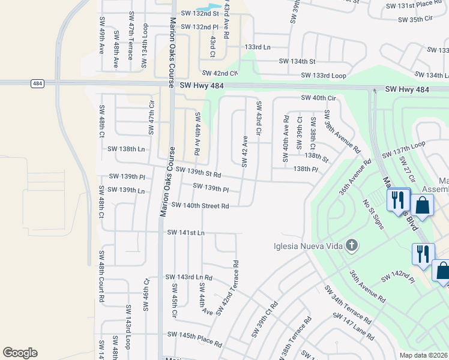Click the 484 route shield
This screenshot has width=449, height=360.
[37, 84]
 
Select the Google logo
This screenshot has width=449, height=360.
[20, 353]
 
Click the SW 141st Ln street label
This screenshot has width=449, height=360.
[185, 232]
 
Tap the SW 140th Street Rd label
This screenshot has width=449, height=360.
[200, 206]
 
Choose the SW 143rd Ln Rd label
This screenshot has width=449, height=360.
[188, 277]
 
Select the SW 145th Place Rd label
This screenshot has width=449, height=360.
[194, 337]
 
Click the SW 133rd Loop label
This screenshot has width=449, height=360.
[322, 76]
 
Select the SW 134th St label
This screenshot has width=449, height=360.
[297, 61]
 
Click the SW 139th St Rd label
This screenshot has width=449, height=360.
[199, 173]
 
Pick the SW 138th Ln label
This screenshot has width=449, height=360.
[125, 148]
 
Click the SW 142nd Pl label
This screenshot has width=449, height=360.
[399, 277]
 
